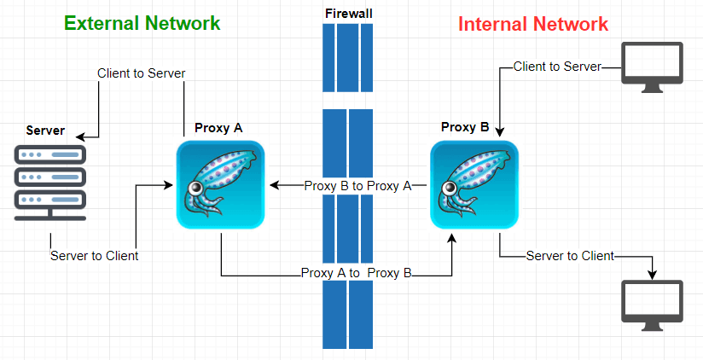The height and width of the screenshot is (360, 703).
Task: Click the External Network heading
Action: point(142,23)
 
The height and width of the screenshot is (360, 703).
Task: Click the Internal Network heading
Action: point(533,23)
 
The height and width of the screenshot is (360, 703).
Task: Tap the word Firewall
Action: point(349,13)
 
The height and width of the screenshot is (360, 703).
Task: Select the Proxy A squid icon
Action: point(220,185)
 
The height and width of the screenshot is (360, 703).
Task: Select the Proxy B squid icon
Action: point(474,185)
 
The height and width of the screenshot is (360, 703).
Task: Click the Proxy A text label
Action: point(218,128)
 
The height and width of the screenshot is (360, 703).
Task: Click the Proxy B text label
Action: point(465,127)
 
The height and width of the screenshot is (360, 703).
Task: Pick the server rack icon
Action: point(50,184)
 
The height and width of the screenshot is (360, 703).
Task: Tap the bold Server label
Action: point(45,131)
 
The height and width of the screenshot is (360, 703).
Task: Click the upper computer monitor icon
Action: point(653,67)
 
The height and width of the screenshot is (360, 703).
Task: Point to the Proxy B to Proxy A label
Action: point(358,185)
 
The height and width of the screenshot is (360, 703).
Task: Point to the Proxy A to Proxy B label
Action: point(357,274)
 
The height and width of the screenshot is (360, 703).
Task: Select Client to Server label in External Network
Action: point(142,73)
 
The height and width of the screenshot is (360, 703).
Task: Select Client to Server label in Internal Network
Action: point(557,67)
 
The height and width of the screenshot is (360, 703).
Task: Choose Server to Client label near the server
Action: point(94,255)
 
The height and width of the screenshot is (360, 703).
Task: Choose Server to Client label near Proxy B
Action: point(570,256)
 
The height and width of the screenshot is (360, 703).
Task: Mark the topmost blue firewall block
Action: point(348,57)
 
